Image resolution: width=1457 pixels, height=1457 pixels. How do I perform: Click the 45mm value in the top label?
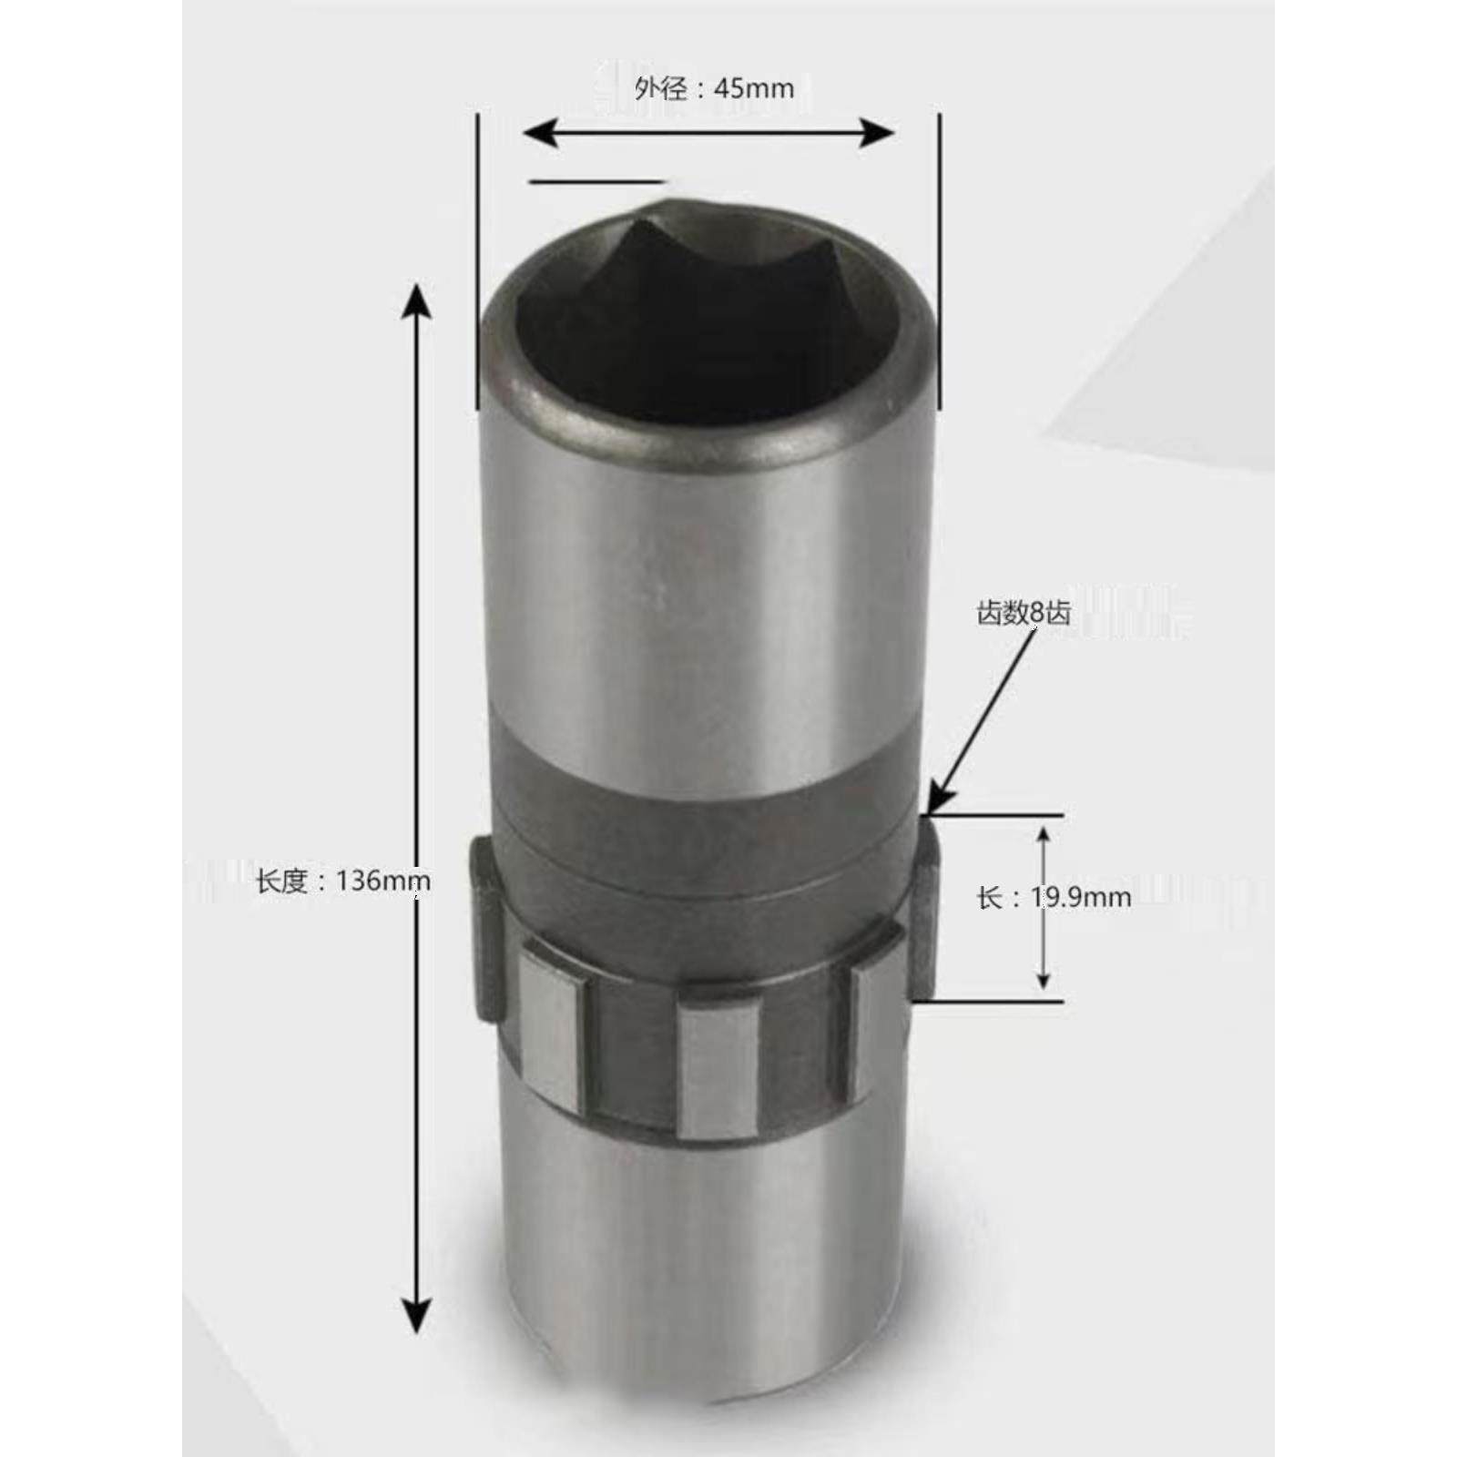(x=753, y=88)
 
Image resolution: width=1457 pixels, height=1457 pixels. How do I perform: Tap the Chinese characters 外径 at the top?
(x=661, y=88)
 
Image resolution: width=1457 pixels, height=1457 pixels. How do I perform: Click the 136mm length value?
(x=382, y=881)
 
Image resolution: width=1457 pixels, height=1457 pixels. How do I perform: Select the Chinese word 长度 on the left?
(x=282, y=881)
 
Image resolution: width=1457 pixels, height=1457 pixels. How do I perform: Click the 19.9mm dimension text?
(x=1081, y=897)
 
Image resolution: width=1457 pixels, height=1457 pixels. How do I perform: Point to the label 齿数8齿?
(x=1024, y=613)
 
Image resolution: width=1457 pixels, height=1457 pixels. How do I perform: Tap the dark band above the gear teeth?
(x=701, y=801)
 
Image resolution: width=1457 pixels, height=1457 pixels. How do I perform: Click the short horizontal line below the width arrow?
(x=596, y=181)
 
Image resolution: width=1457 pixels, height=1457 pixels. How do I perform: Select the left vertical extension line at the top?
(x=477, y=264)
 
